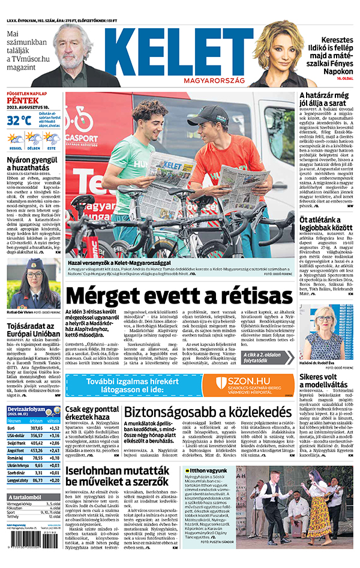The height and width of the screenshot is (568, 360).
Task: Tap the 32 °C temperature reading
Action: (19, 119)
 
